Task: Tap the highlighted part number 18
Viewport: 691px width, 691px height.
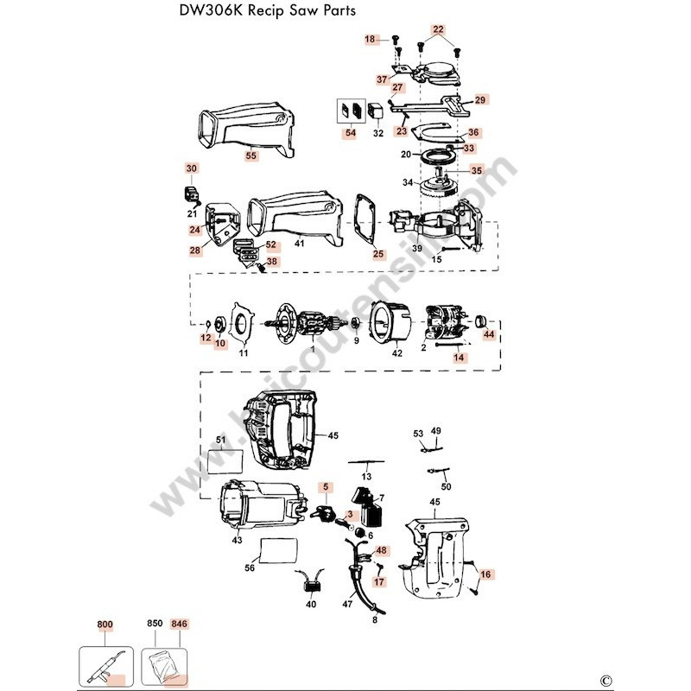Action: pos(371,40)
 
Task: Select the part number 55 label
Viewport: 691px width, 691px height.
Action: pos(251,156)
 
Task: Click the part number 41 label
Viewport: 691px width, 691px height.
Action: pos(300,244)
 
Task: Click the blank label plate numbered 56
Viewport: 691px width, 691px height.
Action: pos(278,548)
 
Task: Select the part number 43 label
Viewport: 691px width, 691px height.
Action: pos(237,540)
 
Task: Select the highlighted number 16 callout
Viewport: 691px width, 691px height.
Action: pos(485,574)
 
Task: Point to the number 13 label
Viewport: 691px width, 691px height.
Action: pos(366,476)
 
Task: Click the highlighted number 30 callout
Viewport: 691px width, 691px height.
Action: pos(191,168)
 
